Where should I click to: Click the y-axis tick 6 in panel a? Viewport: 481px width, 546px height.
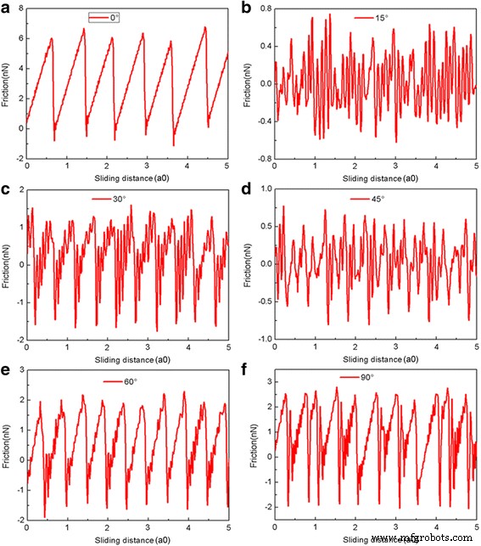coord(20,39)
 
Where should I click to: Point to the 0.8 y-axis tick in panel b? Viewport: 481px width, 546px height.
coord(259,8)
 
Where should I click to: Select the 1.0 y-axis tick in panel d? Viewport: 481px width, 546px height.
coord(259,189)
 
